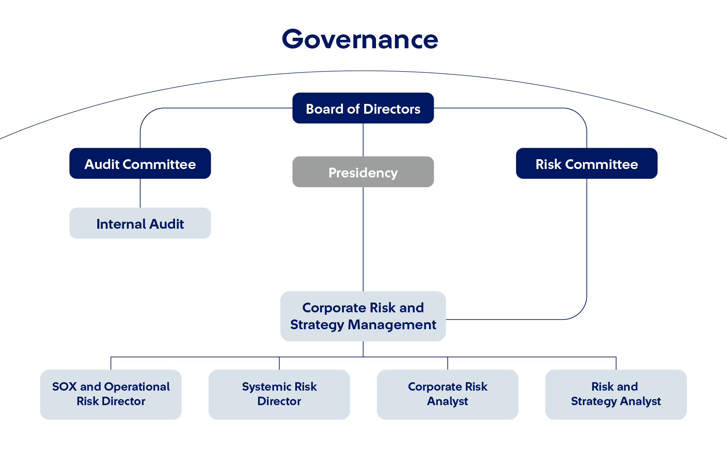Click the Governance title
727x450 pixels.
tap(360, 39)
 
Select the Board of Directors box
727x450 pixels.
tap(363, 108)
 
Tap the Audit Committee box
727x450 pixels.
tap(140, 163)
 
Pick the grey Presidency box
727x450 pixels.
tap(363, 172)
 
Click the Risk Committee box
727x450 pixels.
tap(587, 163)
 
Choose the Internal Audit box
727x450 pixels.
tap(140, 223)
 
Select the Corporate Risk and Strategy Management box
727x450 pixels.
tap(363, 316)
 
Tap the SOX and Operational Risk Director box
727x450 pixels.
tap(111, 395)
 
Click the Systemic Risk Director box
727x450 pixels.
tap(279, 395)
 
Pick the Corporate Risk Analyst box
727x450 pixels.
tap(448, 395)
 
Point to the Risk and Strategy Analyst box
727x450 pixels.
tap(616, 395)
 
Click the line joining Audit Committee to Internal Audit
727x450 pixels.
tap(140, 193)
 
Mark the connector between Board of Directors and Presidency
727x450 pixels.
tap(363, 140)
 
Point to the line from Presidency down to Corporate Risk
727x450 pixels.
tap(363, 239)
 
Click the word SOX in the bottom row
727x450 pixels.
tap(65, 387)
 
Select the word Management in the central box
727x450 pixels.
tap(392, 325)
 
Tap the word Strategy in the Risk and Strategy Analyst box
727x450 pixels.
tap(594, 401)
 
